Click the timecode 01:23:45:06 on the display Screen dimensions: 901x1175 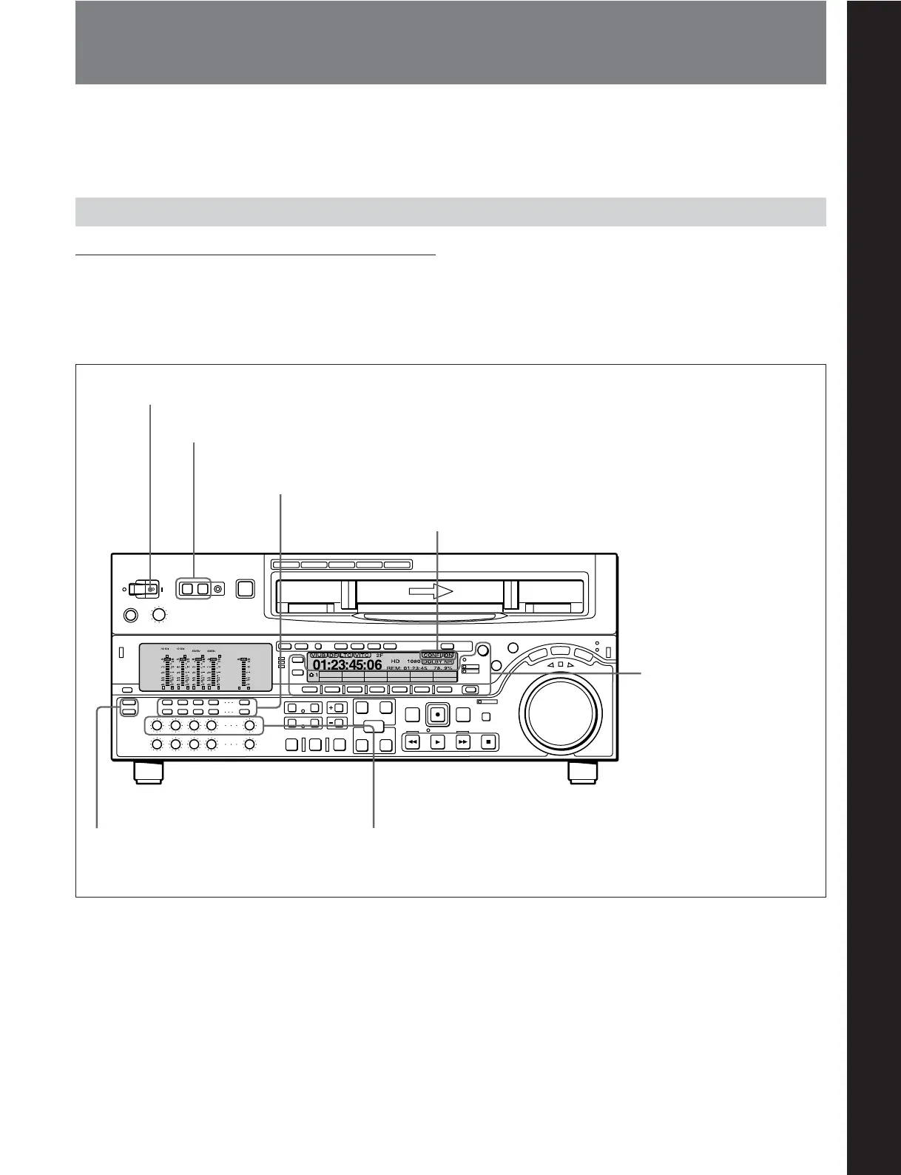(347, 665)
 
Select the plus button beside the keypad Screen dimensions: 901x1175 (336, 707)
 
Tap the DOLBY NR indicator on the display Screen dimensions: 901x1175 (438, 661)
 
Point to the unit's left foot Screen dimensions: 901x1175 (148, 772)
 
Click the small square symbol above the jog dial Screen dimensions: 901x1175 (560, 664)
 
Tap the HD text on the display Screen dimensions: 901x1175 (396, 661)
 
